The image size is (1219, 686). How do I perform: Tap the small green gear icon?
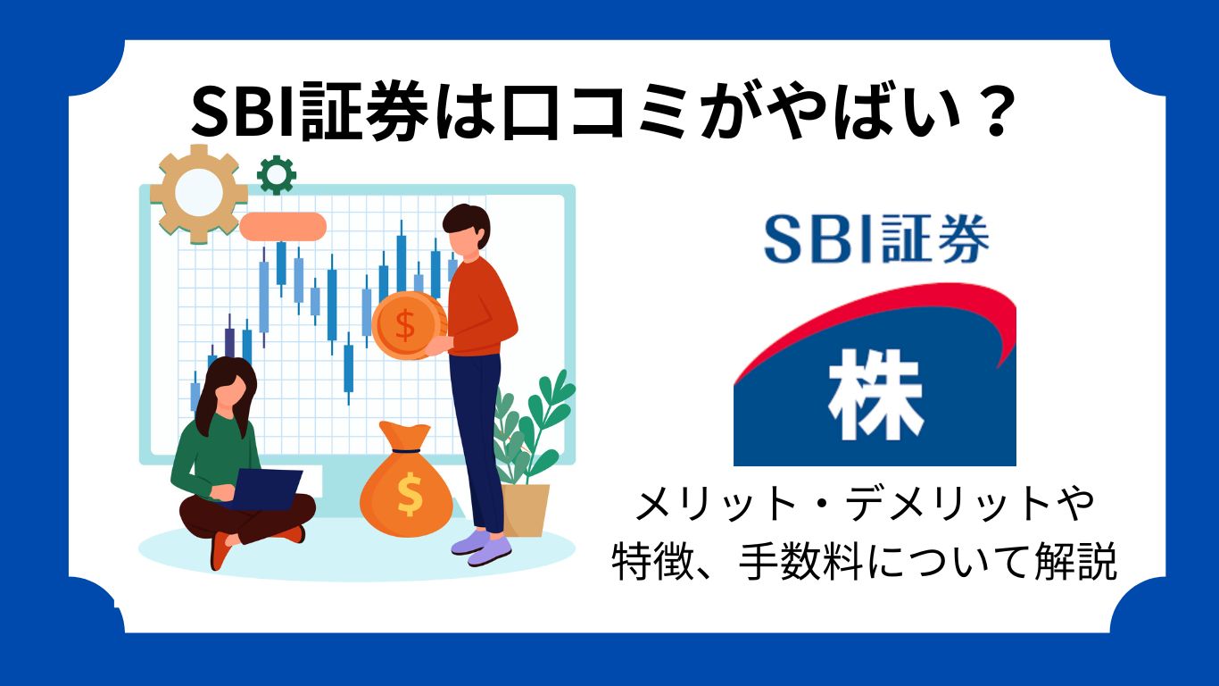click(276, 175)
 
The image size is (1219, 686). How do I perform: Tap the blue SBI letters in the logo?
click(817, 239)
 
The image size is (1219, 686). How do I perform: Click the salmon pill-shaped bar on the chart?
click(282, 225)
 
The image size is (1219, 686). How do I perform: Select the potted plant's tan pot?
click(526, 509)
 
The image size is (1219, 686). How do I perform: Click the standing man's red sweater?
click(481, 304)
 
